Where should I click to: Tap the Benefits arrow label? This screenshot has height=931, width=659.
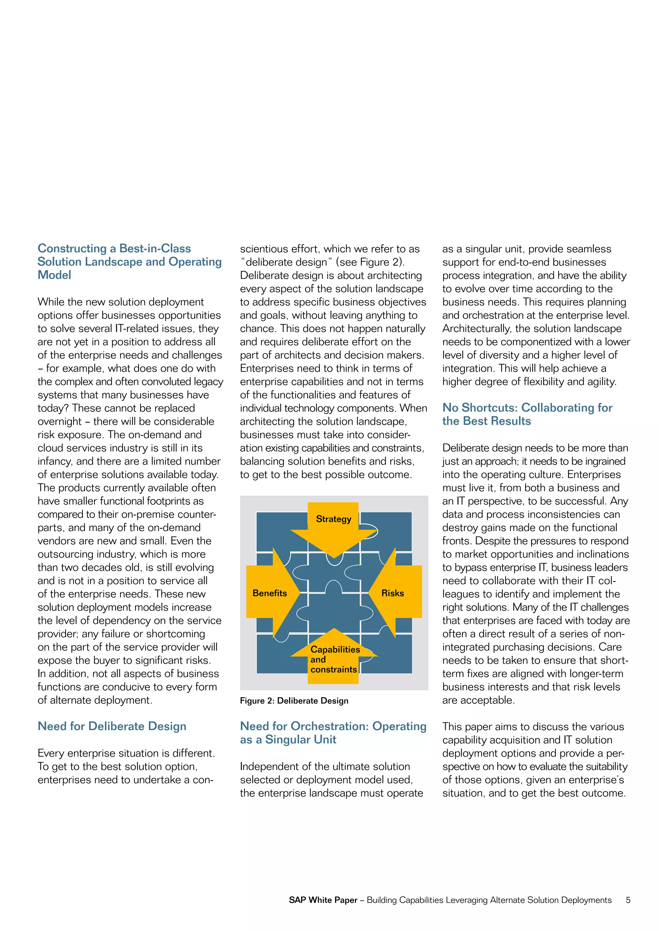pyautogui.click(x=269, y=593)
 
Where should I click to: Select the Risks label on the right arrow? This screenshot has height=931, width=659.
pyautogui.click(x=392, y=593)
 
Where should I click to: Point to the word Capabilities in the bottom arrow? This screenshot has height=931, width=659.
pyautogui.click(x=335, y=650)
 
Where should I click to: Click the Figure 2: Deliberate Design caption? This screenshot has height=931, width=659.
pyautogui.click(x=294, y=701)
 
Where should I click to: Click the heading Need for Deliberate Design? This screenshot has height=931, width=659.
pyautogui.click(x=112, y=726)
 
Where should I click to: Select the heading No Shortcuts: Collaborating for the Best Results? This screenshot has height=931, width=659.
pyautogui.click(x=527, y=414)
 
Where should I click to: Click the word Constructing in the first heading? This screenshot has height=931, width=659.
pyautogui.click(x=72, y=248)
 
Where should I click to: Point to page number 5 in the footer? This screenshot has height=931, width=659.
pyautogui.click(x=628, y=900)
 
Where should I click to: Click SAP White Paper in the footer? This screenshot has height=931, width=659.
pyautogui.click(x=323, y=900)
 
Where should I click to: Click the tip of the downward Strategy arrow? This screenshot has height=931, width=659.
pyautogui.click(x=334, y=557)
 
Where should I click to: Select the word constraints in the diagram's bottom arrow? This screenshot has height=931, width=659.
pyautogui.click(x=334, y=669)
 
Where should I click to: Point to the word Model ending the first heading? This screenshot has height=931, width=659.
pyautogui.click(x=54, y=275)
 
